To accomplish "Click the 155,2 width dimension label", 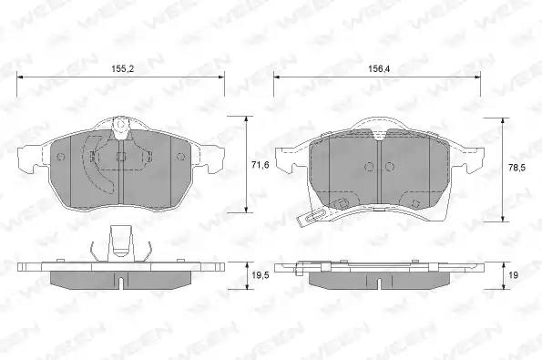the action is point(122,69).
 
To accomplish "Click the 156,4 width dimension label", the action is point(379,69).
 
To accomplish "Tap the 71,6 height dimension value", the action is point(261,165).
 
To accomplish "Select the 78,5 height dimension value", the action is point(516,168).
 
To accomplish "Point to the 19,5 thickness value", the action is point(261,275).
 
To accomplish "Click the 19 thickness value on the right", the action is point(514,275).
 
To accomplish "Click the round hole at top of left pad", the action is point(120,125).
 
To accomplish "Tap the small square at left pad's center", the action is point(120,157).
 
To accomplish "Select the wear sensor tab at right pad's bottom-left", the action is point(312,217).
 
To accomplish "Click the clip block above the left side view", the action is point(120,243).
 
